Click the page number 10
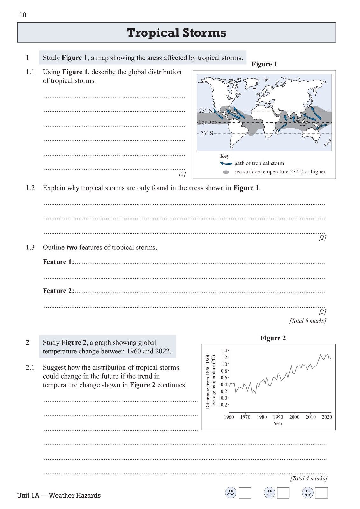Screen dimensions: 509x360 [23, 15]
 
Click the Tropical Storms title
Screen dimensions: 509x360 [176, 33]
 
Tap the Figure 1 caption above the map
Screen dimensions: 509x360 [264, 64]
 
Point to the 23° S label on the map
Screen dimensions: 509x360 [207, 133]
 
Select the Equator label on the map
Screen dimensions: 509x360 [207, 122]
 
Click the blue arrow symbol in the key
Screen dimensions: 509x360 [226, 164]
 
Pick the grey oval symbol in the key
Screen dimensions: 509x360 [226, 172]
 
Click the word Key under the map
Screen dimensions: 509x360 [224, 156]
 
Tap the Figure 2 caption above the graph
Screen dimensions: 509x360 [273, 338]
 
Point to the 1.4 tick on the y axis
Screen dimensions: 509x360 [224, 351]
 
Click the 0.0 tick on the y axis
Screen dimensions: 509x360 [224, 398]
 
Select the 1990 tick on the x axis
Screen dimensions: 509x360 [278, 417]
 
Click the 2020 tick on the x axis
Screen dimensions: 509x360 [327, 417]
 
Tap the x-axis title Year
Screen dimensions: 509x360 [278, 423]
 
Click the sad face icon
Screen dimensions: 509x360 [231, 493]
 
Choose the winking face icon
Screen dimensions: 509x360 [308, 493]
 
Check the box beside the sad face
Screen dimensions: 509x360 [245, 493]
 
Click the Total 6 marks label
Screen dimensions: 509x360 [307, 321]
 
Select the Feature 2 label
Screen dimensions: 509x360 [58, 291]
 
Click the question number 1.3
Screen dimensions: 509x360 [30, 248]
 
